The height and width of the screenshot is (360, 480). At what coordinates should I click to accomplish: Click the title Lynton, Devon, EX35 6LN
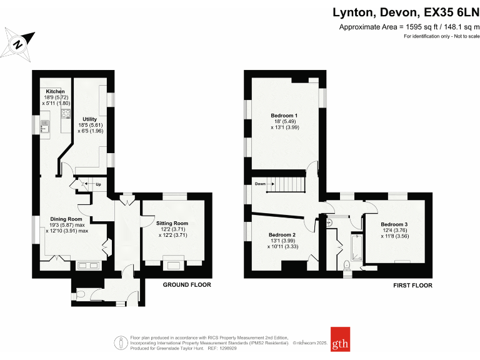[404, 13]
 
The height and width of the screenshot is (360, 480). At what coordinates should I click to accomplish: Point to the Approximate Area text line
[409, 27]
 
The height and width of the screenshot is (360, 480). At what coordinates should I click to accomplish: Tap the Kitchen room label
[54, 92]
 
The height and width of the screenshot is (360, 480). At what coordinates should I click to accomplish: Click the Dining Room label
[70, 219]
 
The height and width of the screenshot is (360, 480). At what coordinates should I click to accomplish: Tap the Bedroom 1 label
[284, 116]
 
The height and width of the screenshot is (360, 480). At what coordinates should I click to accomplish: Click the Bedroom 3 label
[394, 224]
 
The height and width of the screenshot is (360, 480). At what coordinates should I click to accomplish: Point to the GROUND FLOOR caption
[187, 285]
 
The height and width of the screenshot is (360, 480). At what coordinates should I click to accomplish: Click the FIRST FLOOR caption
[412, 285]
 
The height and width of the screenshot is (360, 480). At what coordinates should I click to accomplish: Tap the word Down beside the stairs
[261, 184]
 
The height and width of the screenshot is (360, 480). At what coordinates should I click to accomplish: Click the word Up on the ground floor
[98, 184]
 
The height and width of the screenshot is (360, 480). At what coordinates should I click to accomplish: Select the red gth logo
[340, 342]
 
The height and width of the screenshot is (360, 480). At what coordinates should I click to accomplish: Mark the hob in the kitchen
[65, 114]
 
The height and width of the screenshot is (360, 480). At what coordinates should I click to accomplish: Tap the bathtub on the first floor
[357, 248]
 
